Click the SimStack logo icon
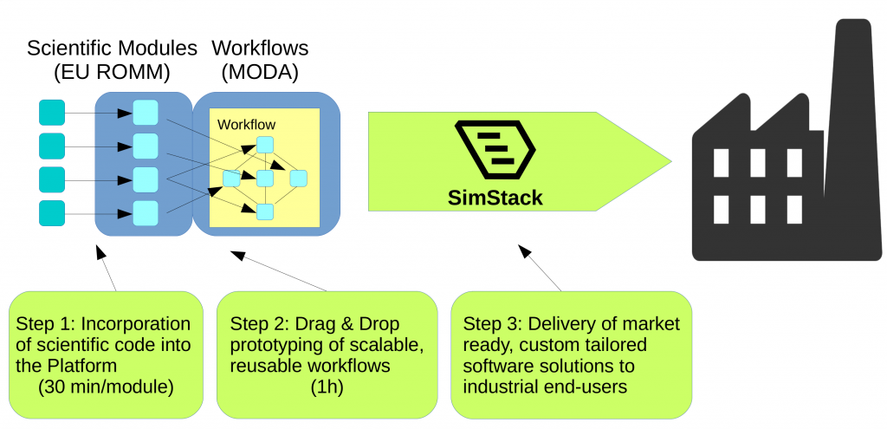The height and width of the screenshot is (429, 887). (495, 150)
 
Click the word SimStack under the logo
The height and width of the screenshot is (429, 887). (495, 198)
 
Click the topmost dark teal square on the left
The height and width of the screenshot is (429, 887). (52, 113)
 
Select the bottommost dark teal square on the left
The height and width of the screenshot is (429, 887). (52, 212)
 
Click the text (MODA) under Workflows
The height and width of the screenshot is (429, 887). (260, 73)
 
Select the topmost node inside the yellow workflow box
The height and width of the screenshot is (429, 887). (265, 145)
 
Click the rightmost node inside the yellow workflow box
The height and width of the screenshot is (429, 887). (299, 179)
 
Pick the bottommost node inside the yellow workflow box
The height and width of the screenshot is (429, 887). (265, 211)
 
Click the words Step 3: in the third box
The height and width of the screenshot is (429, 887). (492, 324)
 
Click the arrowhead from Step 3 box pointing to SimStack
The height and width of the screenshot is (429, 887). (521, 250)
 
